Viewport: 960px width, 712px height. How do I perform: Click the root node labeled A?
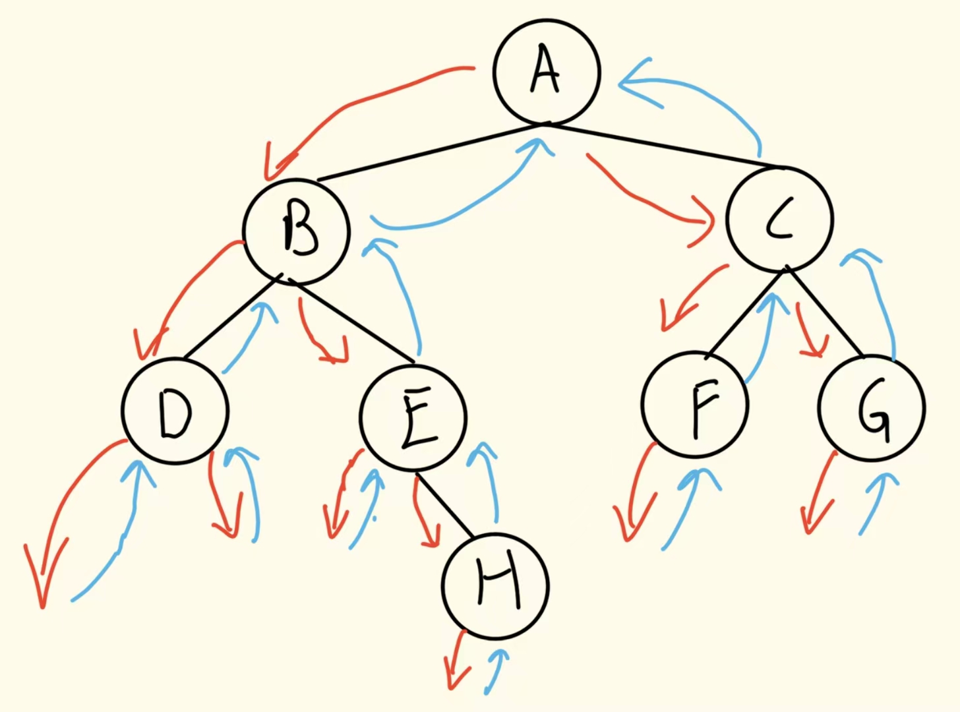point(546,71)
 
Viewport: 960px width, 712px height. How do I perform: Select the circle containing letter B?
point(296,231)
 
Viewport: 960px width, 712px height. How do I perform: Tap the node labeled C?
point(779,219)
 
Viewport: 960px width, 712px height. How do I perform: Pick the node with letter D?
point(175,411)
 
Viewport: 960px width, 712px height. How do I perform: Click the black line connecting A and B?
point(429,152)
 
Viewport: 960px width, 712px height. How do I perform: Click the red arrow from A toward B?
point(356,105)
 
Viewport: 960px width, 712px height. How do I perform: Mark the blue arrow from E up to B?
point(402,290)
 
